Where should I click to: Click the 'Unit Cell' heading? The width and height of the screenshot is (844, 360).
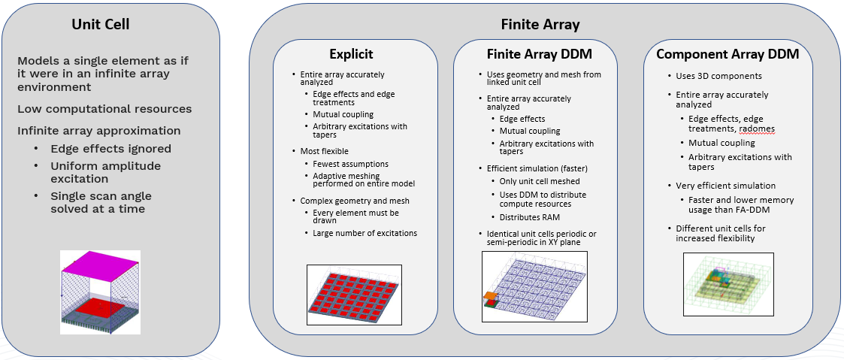point(101,24)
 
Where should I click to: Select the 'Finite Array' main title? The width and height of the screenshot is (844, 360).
point(540,25)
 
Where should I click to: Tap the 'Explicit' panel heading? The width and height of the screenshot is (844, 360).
point(351,54)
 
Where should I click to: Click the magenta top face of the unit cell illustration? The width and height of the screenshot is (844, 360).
point(100,269)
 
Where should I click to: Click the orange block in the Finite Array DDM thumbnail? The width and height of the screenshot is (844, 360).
point(489,297)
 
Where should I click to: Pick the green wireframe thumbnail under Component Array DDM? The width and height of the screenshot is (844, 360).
point(728,284)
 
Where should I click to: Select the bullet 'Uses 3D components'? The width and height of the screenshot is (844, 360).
point(708,76)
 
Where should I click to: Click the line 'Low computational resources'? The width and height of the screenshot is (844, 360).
point(104,109)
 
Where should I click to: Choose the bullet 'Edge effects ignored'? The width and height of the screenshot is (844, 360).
point(110,149)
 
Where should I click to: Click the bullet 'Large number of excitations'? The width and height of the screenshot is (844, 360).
point(365,233)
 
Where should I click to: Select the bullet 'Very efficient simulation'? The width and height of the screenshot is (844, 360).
point(725,186)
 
